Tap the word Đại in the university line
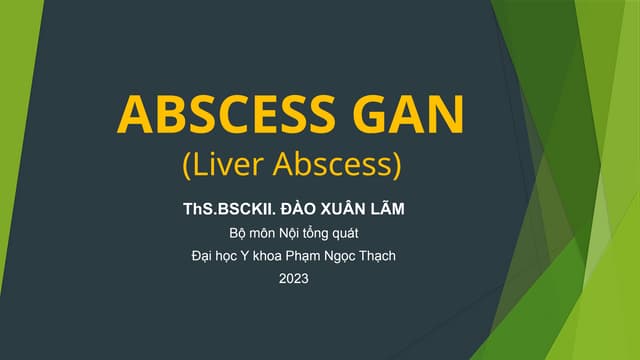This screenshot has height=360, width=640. point(203,257)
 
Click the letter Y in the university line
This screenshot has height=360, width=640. point(243,257)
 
